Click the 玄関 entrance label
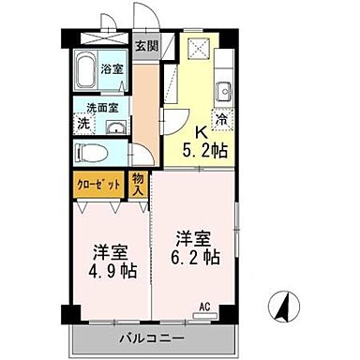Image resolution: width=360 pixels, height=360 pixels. (145, 46)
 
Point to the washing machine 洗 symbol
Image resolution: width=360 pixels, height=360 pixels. (82, 123)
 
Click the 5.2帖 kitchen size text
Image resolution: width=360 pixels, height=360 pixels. (204, 149)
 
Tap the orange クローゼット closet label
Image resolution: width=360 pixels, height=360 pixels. (97, 185)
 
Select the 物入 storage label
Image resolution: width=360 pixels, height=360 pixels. (139, 185)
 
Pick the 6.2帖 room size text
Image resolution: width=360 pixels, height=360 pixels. (194, 254)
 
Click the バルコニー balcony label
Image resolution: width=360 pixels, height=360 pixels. (152, 337)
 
